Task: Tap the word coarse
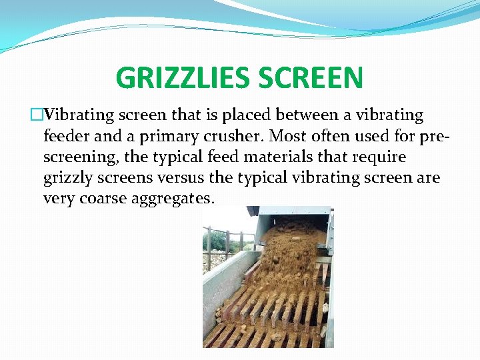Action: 101,199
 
